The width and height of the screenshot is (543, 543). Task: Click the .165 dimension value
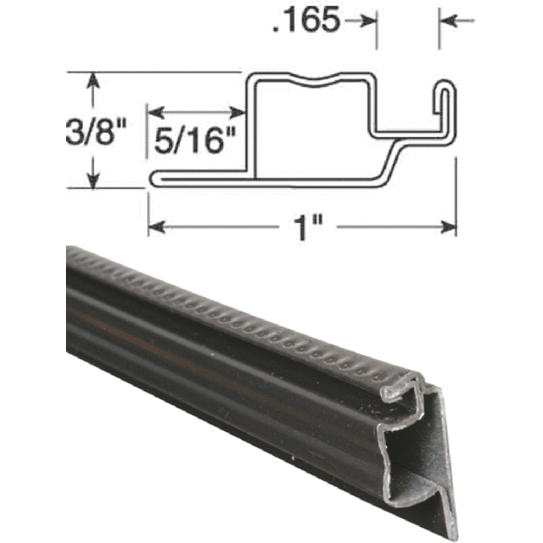coord(306,20)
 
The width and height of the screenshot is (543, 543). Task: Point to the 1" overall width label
coord(303,226)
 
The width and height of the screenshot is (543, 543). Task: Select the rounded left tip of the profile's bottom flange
coord(155,177)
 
